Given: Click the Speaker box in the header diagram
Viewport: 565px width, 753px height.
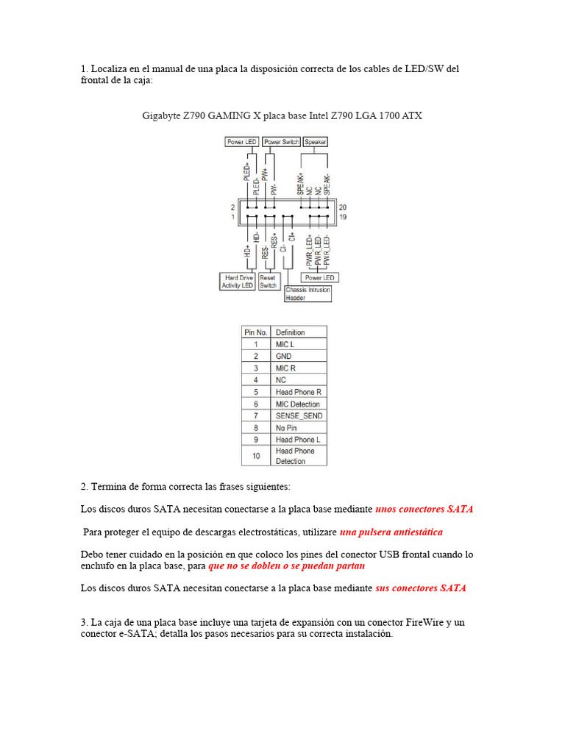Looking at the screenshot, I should [316, 141].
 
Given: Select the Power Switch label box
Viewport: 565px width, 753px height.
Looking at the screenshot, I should [281, 141].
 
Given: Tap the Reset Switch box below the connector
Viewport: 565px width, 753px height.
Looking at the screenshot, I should [268, 282].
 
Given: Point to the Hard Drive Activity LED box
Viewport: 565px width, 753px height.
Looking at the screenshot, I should [237, 282].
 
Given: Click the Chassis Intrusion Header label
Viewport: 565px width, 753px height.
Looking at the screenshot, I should [308, 294].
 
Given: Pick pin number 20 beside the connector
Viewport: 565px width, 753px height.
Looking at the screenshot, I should [342, 207].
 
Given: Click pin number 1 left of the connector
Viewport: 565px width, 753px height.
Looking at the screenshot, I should [232, 217].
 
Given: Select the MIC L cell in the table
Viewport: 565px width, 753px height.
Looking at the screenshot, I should [298, 344].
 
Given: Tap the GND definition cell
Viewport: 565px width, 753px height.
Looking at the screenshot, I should [298, 356].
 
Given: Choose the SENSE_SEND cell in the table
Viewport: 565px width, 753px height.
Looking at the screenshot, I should [298, 415].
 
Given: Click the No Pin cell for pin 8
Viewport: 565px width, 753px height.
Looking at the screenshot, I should [298, 427].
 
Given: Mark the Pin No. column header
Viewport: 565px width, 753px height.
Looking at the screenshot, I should [255, 332].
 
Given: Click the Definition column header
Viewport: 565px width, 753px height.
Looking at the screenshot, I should [298, 332].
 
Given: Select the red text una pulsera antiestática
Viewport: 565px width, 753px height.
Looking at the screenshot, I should [391, 532].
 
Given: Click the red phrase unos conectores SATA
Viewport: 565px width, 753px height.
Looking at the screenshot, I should [424, 508].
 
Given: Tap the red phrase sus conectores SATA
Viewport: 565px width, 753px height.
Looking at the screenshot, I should [421, 588].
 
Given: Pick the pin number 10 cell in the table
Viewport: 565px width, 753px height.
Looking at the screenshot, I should [255, 455].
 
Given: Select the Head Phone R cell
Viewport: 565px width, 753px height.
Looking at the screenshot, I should [298, 392].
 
